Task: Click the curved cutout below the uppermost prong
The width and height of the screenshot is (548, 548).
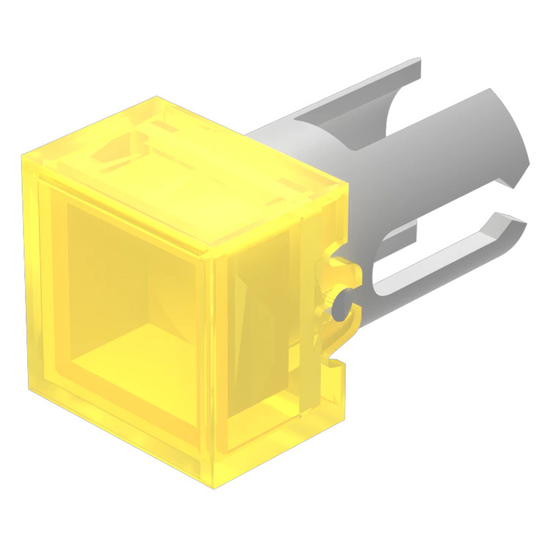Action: tap(396, 117)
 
